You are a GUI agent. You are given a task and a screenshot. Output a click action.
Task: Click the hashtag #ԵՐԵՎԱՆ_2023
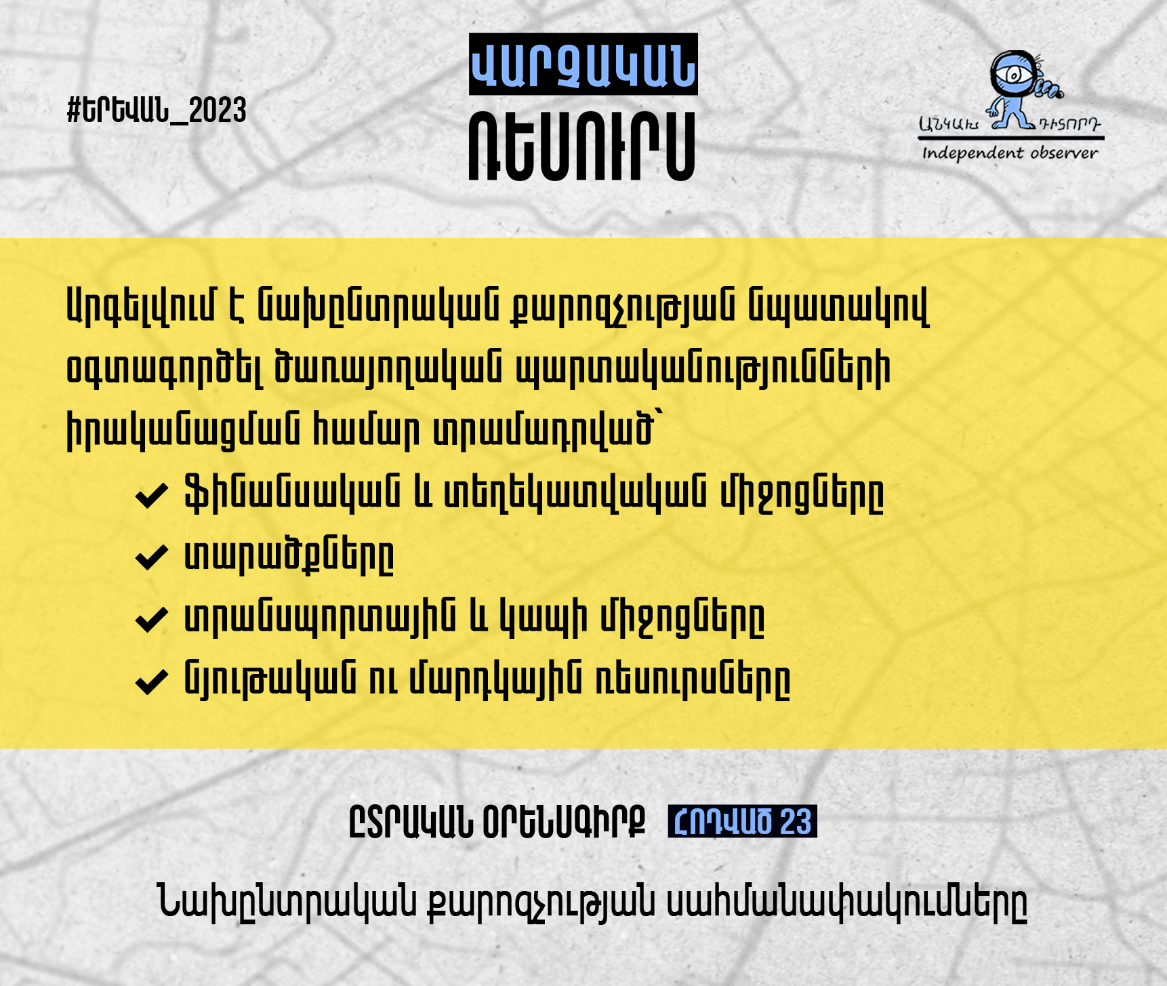pos(157,110)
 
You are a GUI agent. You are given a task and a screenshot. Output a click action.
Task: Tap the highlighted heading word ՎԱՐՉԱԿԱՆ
pos(583,64)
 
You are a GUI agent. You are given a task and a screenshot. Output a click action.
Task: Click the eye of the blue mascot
pos(1012,73)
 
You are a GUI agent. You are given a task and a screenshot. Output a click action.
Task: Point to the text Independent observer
pos(1010,153)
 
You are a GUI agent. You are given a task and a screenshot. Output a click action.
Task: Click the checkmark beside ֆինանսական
pos(152,495)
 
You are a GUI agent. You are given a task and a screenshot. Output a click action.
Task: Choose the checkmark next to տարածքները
pos(152,557)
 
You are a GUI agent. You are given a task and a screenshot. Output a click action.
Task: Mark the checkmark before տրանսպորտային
pos(152,618)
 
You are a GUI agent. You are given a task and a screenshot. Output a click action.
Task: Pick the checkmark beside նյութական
pos(152,681)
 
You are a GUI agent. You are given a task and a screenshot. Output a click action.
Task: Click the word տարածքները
pos(289,556)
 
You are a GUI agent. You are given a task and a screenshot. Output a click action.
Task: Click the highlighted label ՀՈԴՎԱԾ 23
pos(742,821)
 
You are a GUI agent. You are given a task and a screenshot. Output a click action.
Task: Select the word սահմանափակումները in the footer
pos(847,903)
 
